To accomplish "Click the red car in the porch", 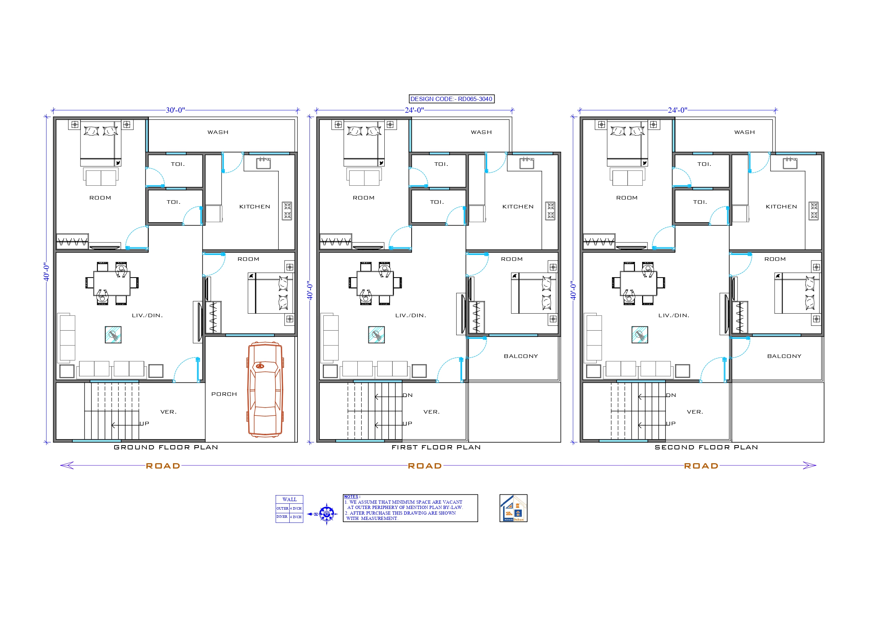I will [265, 390].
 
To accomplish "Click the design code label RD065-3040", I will [451, 99].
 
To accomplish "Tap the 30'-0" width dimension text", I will [175, 110].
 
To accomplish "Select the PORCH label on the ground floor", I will [224, 394].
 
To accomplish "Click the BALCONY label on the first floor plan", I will [520, 356].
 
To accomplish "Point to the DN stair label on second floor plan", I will [671, 395].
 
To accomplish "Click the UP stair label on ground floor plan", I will [144, 424].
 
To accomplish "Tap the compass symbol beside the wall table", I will [326, 514].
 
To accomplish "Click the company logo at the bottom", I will [513, 508].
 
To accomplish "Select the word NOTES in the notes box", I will [351, 497].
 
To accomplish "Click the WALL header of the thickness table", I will [289, 499].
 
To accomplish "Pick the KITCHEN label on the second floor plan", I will [781, 207].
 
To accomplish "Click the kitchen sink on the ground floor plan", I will [263, 163].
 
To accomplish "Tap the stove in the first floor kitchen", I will [550, 211].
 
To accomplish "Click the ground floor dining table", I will [112, 283].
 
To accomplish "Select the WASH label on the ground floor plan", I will [218, 132].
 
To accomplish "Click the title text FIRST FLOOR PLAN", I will [436, 447].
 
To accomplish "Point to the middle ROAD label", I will [425, 466].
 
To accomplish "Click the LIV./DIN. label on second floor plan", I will [673, 315].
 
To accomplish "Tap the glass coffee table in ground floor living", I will [113, 335].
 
